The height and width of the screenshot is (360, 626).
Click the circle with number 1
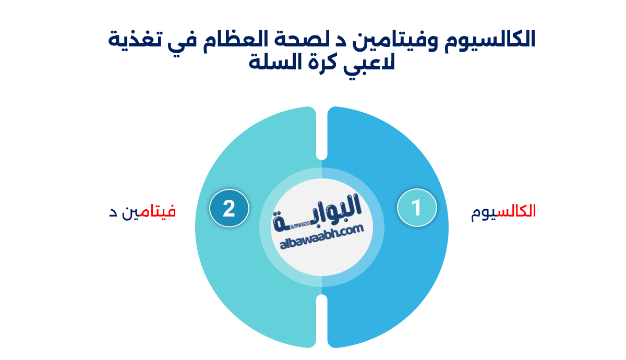click(416, 208)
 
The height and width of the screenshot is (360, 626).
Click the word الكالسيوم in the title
click(487, 40)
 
